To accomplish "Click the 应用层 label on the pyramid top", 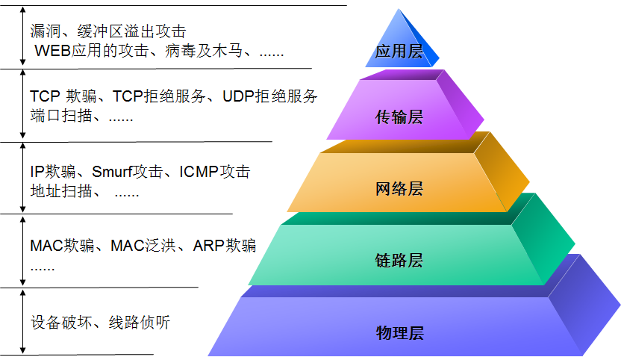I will click(x=399, y=52).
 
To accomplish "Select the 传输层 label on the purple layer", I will click(x=399, y=117).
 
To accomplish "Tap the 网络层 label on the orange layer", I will click(x=399, y=189).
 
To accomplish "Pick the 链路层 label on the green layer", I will click(x=399, y=260).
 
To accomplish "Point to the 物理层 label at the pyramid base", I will click(x=399, y=332).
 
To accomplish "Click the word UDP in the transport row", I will click(x=240, y=96).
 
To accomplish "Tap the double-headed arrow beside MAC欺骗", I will click(x=23, y=249).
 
